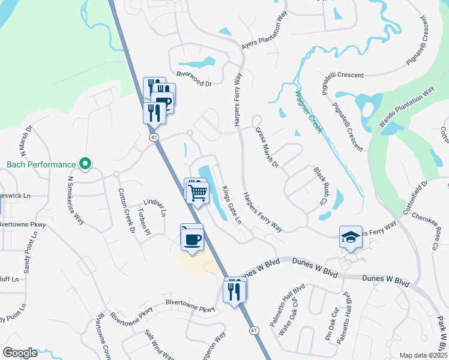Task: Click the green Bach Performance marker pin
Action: click(85, 163)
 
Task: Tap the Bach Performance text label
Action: click(41, 164)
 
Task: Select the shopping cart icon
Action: click(197, 193)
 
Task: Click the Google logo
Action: click(20, 353)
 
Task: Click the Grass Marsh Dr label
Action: click(268, 147)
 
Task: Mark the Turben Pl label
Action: click(142, 222)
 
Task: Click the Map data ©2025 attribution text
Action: click(423, 355)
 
